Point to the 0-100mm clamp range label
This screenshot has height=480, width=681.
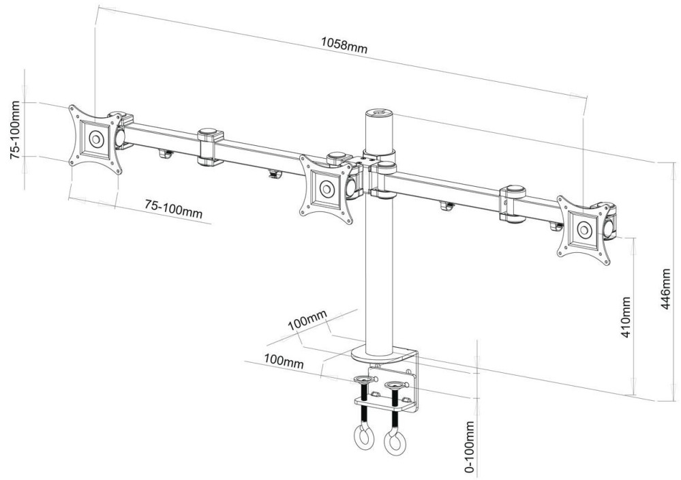(470, 447)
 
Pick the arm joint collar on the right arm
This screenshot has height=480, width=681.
(513, 203)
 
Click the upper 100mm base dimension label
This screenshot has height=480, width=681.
(307, 321)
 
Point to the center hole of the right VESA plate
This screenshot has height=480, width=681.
(584, 230)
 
